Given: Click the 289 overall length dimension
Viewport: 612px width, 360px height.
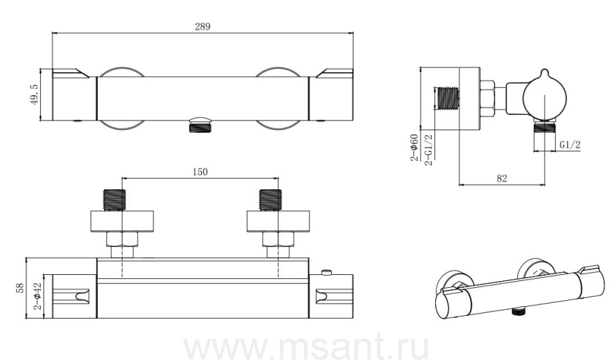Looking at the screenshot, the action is click(203, 27).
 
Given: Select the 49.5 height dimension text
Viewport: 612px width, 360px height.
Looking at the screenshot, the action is click(34, 95).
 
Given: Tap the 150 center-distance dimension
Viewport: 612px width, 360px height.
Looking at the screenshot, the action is click(200, 171).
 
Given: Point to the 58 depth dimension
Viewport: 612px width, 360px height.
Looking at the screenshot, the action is click(20, 288).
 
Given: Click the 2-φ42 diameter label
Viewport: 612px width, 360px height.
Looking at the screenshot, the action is click(37, 296).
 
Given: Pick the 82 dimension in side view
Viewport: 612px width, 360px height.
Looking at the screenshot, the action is click(502, 178).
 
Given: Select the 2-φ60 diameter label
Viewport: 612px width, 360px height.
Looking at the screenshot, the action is click(414, 147).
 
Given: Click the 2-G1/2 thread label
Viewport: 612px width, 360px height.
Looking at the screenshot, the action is click(428, 150).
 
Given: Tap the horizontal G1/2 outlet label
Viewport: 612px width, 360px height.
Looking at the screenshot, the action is click(570, 145).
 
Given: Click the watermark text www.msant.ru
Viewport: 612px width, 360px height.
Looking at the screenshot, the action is click(306, 346).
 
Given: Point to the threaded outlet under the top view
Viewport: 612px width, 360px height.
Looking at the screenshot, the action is click(200, 127).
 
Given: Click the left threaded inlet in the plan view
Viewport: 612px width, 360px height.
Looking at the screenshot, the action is click(114, 200).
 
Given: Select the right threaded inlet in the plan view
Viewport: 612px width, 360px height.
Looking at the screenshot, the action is click(270, 200).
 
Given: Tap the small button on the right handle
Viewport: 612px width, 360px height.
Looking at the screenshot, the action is click(326, 272).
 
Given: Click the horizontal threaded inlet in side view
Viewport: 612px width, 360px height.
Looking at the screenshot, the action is click(447, 97).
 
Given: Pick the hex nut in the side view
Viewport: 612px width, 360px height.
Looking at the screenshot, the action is click(487, 99).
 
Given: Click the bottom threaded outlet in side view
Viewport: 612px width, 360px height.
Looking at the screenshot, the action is click(545, 127).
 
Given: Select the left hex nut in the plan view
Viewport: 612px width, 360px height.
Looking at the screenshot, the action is click(122, 239).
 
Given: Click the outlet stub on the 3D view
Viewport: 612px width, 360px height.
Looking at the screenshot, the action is click(518, 311).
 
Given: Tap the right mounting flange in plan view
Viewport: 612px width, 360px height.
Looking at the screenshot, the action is click(278, 221).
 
